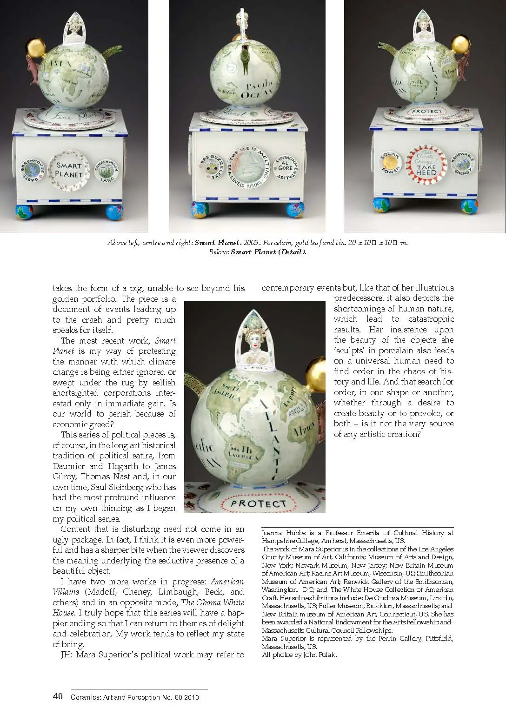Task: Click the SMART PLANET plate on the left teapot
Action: click(69, 170)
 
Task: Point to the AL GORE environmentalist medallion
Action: click(285, 168)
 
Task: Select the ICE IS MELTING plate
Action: click(249, 168)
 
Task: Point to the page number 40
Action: click(58, 696)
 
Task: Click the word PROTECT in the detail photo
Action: click(259, 503)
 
